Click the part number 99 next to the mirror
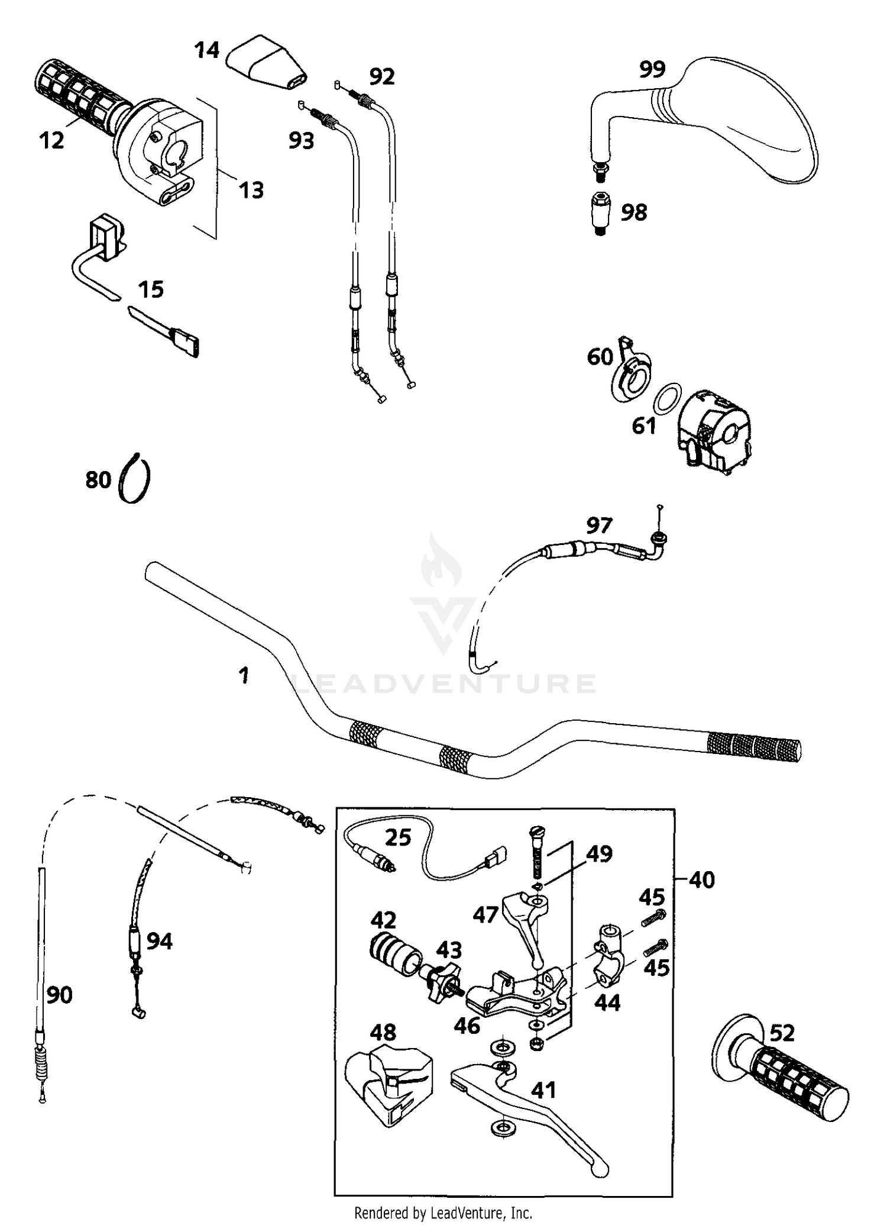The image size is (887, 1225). [652, 69]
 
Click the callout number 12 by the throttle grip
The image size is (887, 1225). [52, 141]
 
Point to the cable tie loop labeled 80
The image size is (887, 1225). [135, 479]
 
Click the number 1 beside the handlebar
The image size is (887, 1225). [243, 675]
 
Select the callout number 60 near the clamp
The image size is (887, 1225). [600, 357]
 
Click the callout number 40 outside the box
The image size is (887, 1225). [702, 880]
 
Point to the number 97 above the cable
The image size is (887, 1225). [599, 525]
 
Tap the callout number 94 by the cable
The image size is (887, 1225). [159, 941]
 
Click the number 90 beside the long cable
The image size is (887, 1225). [59, 996]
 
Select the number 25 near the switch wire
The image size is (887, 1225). [398, 838]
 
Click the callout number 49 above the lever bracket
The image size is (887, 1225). [599, 854]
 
